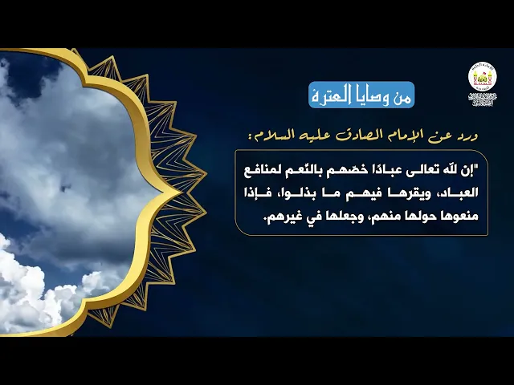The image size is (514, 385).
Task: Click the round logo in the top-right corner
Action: coord(483,78)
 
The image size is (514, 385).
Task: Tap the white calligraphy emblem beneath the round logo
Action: coord(483,99)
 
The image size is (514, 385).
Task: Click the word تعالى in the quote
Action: coord(415,170)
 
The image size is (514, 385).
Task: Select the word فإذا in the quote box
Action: coord(259,192)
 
